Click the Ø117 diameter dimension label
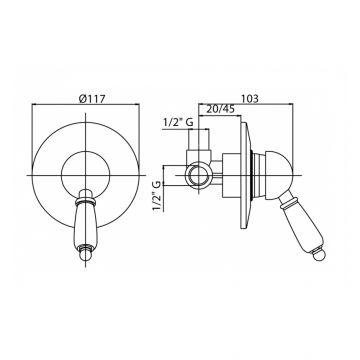coord(92,99)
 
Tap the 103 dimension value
coord(249,99)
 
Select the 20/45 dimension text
coord(220,109)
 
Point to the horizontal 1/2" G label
coord(178,123)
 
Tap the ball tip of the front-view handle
coord(86,255)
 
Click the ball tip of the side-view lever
coord(320,254)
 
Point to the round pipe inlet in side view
coord(199,175)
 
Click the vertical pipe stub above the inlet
coord(199,140)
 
